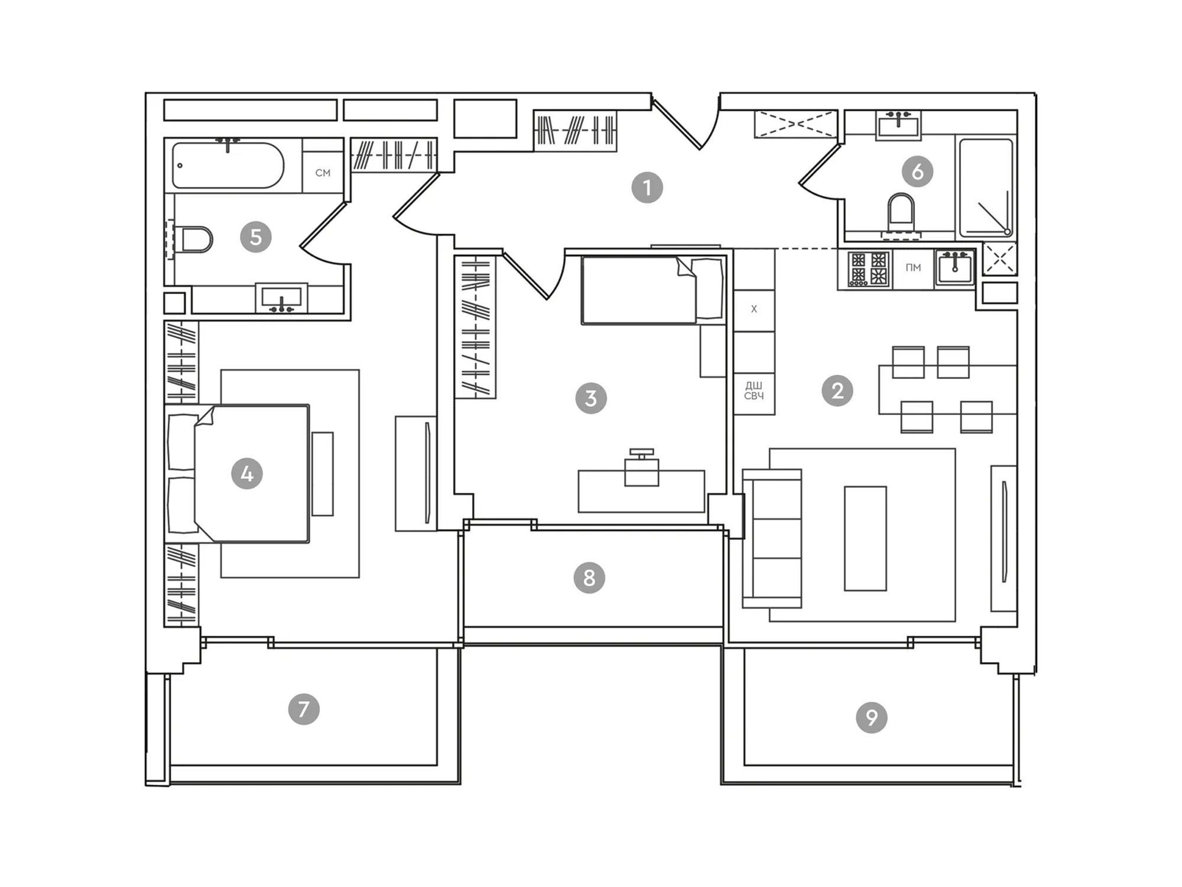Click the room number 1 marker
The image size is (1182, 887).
(x=647, y=188)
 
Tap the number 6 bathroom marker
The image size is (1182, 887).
(x=917, y=171)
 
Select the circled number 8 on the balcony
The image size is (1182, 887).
(x=589, y=578)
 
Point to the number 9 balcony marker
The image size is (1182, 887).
(x=872, y=717)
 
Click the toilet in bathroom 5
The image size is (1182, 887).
(x=195, y=240)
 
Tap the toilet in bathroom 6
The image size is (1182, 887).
(x=901, y=213)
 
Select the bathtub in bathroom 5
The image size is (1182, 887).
(x=228, y=165)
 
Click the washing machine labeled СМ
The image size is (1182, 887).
(x=323, y=173)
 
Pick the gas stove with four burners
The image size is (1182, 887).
(x=865, y=268)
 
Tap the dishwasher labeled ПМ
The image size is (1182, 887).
(x=913, y=268)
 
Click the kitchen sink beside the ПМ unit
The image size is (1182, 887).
(x=954, y=268)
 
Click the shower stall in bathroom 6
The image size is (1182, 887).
(x=986, y=187)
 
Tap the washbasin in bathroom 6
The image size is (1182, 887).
(x=898, y=125)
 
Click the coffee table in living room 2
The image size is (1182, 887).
(x=865, y=538)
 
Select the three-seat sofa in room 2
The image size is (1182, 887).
(x=772, y=538)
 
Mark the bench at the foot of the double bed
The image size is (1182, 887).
(x=323, y=474)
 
